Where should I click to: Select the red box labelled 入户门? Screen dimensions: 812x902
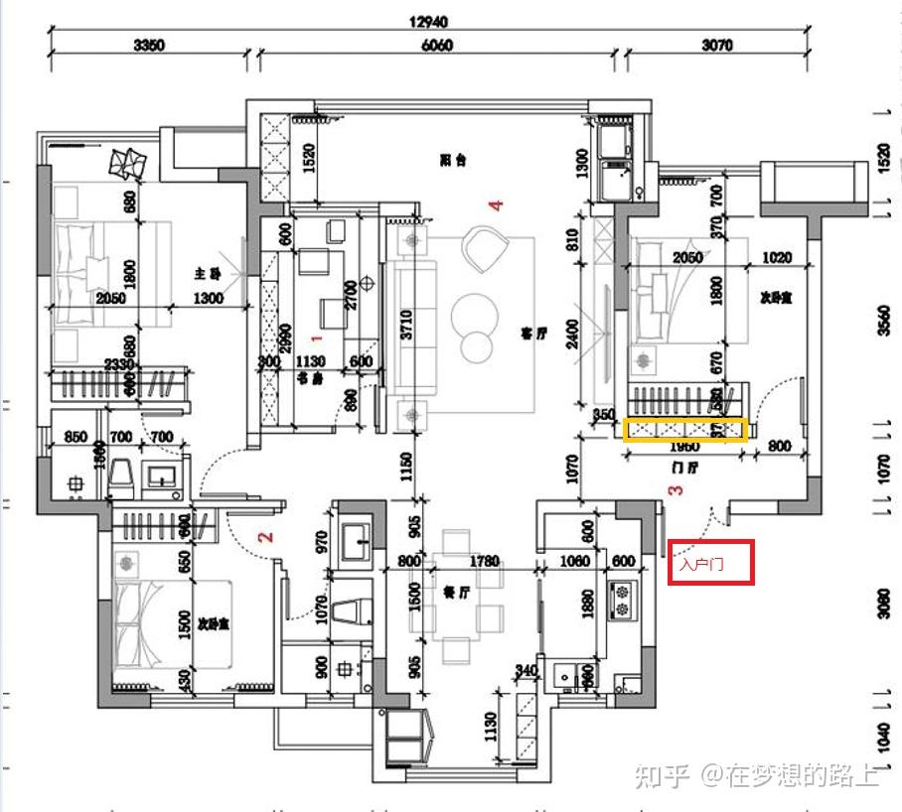coord(711,563)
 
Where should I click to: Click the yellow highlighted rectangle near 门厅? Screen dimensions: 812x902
coord(685,431)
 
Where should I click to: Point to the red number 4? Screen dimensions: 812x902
coord(496,205)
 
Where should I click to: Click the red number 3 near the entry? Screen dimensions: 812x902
coord(676,489)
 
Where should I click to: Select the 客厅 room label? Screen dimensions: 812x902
coord(534,334)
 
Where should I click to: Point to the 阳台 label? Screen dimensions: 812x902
coord(454,160)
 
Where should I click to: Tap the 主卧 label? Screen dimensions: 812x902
coord(207,272)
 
